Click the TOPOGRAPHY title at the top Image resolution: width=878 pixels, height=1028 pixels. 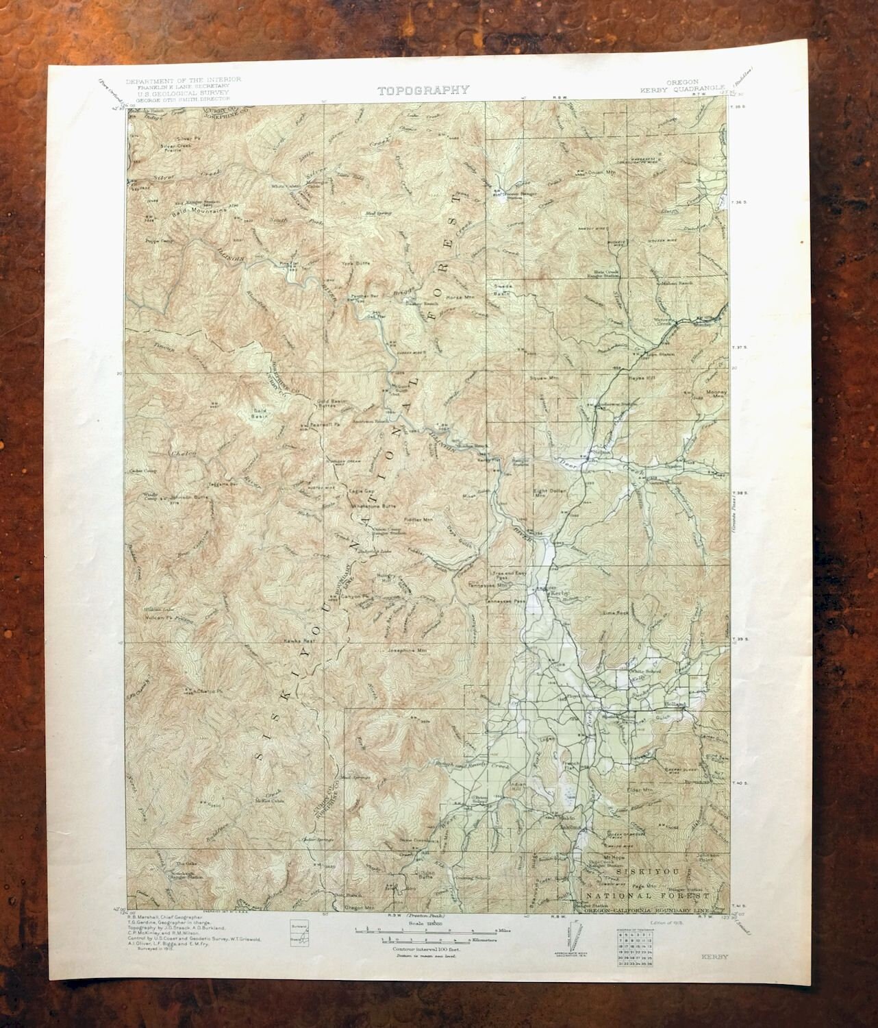point(423,90)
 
